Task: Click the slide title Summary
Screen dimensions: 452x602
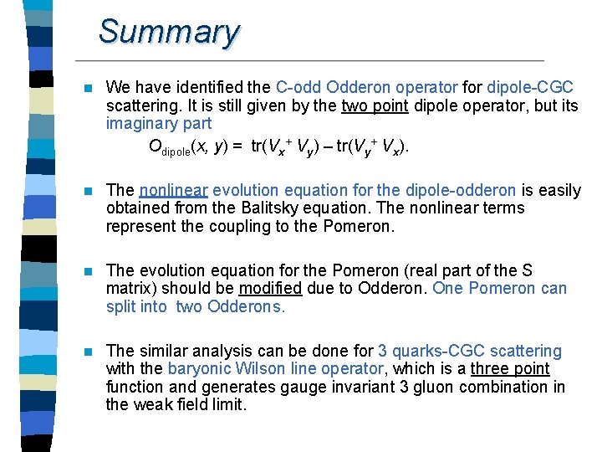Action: click(x=169, y=32)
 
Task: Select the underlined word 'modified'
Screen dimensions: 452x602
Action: click(x=270, y=289)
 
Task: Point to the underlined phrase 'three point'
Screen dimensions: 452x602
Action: click(x=510, y=369)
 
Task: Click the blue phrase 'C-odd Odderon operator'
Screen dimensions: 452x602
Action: click(x=366, y=88)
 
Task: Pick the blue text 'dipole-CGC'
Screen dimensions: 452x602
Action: click(x=531, y=88)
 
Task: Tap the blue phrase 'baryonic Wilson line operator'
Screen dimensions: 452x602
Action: click(x=274, y=369)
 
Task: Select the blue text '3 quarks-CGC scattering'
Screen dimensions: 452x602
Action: click(x=470, y=351)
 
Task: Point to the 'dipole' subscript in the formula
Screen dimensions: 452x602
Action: click(x=176, y=152)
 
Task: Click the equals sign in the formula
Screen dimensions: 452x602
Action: click(x=237, y=147)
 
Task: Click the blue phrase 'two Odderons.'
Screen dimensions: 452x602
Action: click(x=231, y=307)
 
